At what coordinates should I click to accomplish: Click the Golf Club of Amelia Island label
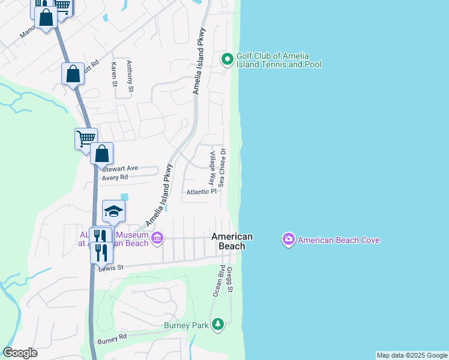coord(279,60)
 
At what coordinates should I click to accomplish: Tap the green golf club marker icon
coord(228,59)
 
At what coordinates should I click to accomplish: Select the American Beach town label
coord(232,241)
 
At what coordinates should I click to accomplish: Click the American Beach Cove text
coord(339,241)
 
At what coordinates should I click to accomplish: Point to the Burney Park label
coord(185,326)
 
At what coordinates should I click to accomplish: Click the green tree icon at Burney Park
coord(217,325)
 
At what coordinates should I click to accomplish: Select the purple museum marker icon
coord(157,239)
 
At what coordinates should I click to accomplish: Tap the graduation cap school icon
coord(113,211)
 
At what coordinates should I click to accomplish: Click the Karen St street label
coord(113,73)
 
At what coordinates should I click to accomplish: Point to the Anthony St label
coord(130,77)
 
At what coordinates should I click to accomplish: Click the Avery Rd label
coord(115,178)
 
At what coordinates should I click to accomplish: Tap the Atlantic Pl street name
coord(200,192)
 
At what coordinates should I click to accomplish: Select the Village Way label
coord(212,167)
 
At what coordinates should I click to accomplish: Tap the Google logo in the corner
coord(20,353)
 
